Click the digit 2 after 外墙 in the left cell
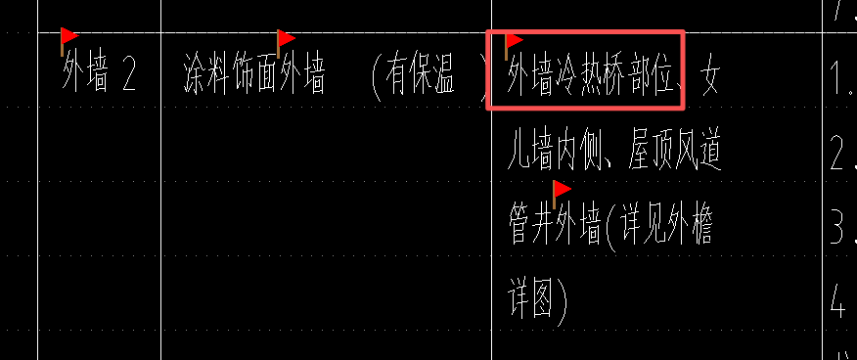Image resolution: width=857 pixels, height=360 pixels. pyautogui.click(x=128, y=77)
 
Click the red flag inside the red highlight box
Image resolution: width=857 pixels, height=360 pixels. pyautogui.click(x=513, y=43)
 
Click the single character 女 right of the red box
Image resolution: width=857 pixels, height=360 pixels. pyautogui.click(x=709, y=77)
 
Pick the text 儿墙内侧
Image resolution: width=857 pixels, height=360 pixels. pyautogui.click(x=553, y=154)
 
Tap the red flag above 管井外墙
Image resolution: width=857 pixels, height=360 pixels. pyautogui.click(x=561, y=190)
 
